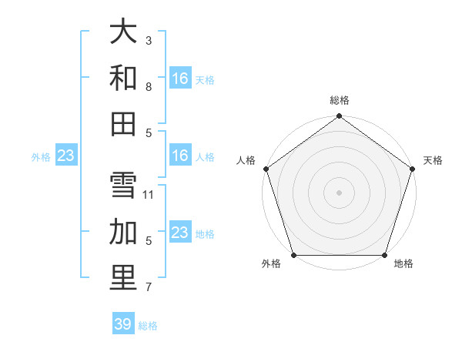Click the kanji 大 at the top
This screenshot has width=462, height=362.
tap(123, 32)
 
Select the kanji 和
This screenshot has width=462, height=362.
tap(123, 78)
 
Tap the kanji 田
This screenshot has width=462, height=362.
tap(123, 123)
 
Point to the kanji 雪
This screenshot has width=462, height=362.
tap(123, 185)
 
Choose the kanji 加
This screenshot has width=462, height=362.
tap(123, 231)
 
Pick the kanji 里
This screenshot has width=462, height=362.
tap(123, 277)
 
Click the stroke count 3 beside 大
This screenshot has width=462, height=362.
tap(149, 40)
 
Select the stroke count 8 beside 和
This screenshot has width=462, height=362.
tap(149, 86)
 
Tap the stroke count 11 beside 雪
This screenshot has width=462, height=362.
tap(149, 194)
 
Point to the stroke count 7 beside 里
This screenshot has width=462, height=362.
tap(149, 287)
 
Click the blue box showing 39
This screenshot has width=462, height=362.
tap(123, 324)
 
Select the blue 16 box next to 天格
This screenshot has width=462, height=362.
tap(180, 79)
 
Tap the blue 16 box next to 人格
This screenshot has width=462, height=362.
tap(180, 156)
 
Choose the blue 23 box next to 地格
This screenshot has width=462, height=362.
tap(180, 233)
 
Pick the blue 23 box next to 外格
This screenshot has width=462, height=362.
tap(66, 156)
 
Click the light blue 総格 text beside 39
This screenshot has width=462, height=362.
tap(148, 326)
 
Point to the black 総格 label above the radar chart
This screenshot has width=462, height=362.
tap(339, 100)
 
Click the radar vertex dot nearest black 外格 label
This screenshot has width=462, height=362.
tap(293, 255)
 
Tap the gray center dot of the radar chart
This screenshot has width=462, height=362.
tap(339, 192)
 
